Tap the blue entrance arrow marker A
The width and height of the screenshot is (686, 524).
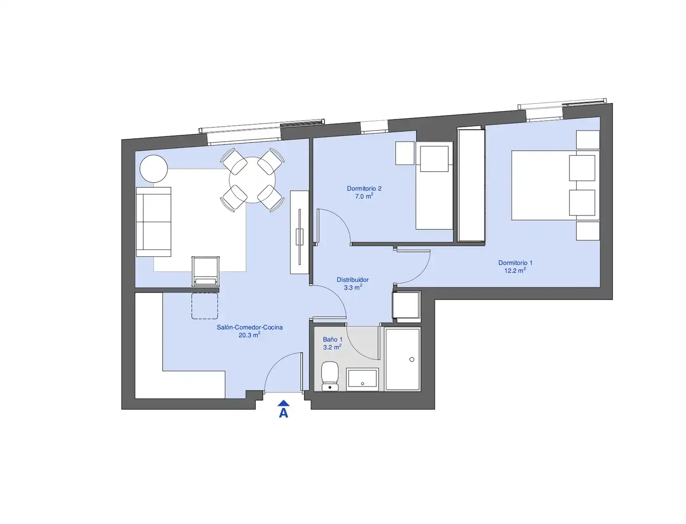(x=284, y=409)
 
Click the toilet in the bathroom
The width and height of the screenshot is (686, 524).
(x=330, y=376)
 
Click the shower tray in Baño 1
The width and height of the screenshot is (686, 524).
(x=402, y=359)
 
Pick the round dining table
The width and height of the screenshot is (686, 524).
(x=252, y=180)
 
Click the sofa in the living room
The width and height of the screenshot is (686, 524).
(x=153, y=222)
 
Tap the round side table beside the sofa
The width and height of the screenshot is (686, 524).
(x=153, y=169)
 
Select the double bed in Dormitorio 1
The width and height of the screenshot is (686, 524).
(x=555, y=185)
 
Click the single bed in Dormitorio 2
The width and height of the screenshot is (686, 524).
(x=434, y=185)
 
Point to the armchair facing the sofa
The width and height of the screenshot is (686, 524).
(x=205, y=271)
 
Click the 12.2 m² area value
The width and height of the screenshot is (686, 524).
(x=515, y=270)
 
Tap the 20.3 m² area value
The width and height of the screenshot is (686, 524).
(x=250, y=335)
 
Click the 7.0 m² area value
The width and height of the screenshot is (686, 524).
(x=364, y=196)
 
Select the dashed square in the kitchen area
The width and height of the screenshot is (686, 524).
(x=205, y=306)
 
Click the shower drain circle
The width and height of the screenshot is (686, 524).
(x=412, y=360)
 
